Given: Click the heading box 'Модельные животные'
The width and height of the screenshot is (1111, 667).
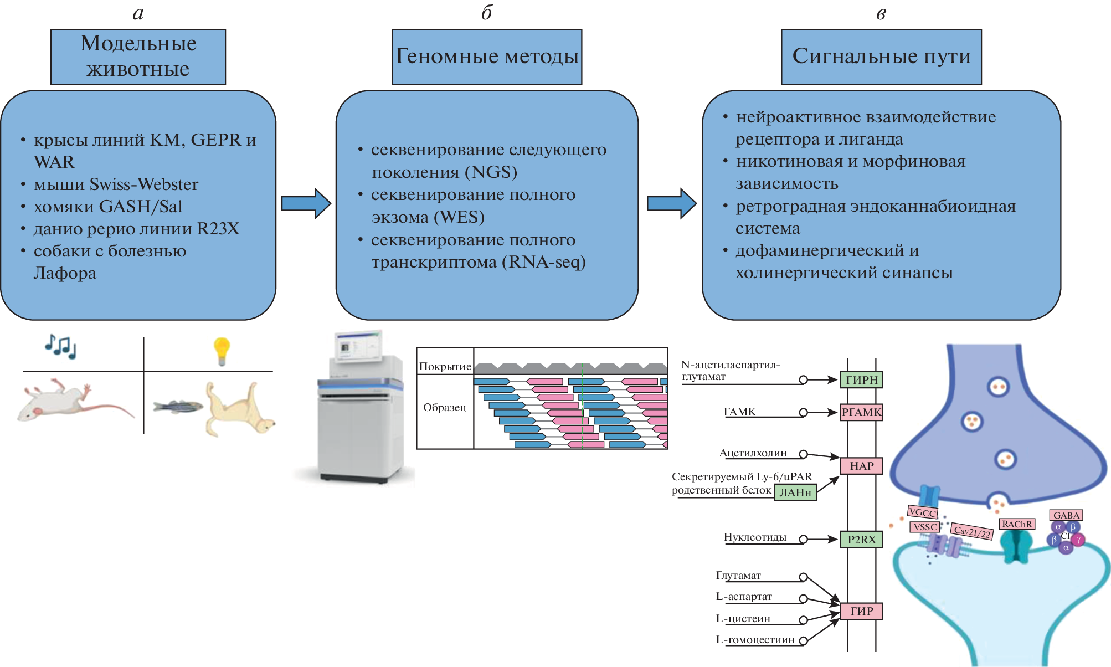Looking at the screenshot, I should pyautogui.click(x=138, y=57).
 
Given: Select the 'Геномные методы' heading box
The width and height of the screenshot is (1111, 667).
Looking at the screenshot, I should pyautogui.click(x=487, y=57).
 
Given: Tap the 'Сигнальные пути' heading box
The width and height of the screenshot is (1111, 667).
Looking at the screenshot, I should pyautogui.click(x=881, y=57).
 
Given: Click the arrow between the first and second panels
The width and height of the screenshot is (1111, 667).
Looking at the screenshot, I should pyautogui.click(x=305, y=203).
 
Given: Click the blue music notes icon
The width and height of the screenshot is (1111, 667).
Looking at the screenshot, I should pyautogui.click(x=60, y=347).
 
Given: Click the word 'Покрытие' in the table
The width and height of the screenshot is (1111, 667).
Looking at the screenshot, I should pyautogui.click(x=445, y=366).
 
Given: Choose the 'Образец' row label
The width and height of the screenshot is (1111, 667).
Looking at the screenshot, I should pyautogui.click(x=445, y=407).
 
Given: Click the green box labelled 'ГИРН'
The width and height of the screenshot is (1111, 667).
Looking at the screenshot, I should pyautogui.click(x=861, y=380).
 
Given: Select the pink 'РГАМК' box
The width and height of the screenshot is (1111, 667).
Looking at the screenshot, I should pyautogui.click(x=861, y=412).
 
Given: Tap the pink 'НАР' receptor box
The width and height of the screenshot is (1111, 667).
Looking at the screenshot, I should pyautogui.click(x=861, y=466).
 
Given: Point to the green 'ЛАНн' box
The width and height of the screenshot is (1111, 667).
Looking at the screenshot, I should pyautogui.click(x=795, y=492).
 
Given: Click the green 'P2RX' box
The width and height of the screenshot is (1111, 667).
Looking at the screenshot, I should pyautogui.click(x=861, y=539).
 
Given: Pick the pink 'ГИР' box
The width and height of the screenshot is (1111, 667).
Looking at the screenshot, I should pyautogui.click(x=861, y=611).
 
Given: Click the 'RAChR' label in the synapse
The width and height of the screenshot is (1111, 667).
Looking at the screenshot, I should pyautogui.click(x=1017, y=524).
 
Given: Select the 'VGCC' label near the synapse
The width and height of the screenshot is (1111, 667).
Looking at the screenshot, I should pyautogui.click(x=922, y=512).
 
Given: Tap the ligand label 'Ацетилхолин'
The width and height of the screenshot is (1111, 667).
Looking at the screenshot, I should pyautogui.click(x=753, y=453).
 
